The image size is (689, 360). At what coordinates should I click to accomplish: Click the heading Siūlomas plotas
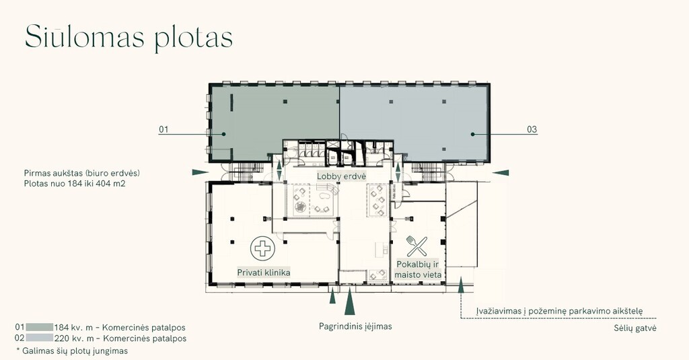point(129,38)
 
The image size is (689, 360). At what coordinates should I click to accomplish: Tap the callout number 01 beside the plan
point(164,129)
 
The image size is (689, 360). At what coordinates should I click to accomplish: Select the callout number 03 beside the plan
point(532,129)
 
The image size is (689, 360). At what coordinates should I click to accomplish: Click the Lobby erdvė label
point(341,176)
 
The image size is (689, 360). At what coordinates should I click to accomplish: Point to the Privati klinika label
point(264,273)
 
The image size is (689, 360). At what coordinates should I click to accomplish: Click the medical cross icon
point(263,248)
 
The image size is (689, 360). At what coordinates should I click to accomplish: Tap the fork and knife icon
point(416,246)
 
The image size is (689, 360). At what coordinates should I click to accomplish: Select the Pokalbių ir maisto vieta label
point(418,269)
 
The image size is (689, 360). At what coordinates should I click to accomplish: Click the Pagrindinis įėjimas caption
point(355,326)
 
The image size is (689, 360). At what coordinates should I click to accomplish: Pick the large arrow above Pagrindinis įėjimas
point(350,301)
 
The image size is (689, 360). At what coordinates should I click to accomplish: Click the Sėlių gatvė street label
point(635,328)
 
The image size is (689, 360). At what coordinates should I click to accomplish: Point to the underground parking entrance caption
point(559,311)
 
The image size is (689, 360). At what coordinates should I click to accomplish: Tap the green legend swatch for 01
point(40,327)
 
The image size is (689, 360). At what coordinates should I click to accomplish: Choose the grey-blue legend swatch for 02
point(40,338)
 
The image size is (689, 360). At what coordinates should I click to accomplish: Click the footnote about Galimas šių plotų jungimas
point(72,351)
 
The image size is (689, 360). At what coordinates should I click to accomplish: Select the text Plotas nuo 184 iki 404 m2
point(75,183)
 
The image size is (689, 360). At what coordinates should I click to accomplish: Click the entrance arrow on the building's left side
point(201,172)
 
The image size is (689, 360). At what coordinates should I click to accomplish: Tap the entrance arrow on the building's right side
point(501,173)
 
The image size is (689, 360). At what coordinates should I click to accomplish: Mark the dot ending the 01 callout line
point(223,134)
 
